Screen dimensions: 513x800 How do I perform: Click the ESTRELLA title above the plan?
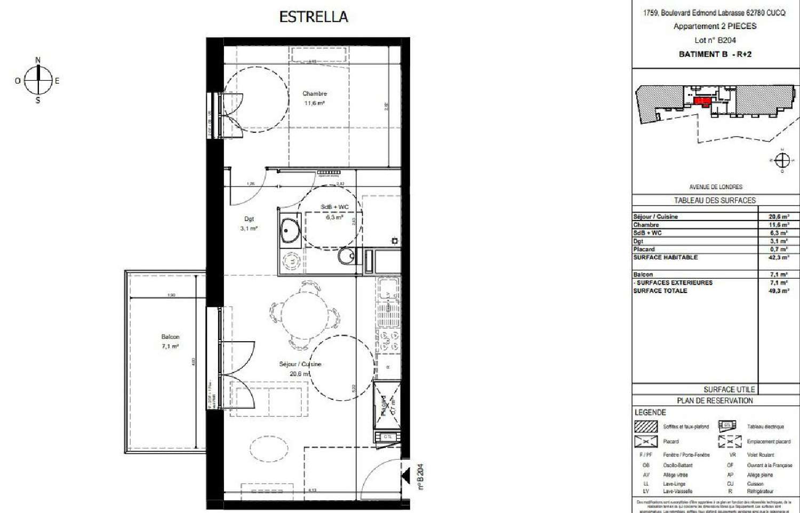(314, 17)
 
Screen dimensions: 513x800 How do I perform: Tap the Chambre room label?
(315, 93)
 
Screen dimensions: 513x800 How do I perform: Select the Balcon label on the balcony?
(170, 337)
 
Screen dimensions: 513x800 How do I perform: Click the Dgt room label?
(249, 219)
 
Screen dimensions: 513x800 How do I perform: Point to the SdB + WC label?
(334, 207)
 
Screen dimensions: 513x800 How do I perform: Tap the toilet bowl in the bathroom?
(347, 257)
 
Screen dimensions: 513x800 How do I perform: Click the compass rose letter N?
(38, 60)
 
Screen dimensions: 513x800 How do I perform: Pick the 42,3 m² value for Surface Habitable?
(779, 257)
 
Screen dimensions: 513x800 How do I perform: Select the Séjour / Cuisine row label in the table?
(655, 217)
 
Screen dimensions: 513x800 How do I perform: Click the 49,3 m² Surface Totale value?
(779, 291)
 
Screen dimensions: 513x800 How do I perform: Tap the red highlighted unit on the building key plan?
(703, 100)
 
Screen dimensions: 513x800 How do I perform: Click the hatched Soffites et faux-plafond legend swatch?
(646, 427)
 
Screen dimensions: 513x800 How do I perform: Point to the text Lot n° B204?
(715, 40)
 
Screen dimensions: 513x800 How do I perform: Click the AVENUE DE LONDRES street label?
(715, 187)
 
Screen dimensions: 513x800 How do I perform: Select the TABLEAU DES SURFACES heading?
(715, 200)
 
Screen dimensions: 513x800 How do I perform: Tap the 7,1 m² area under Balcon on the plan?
(170, 346)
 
